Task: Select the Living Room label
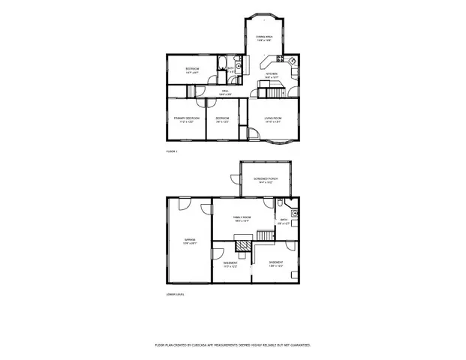[x=272, y=119]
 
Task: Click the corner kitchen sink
[x=293, y=60]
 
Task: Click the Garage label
[x=189, y=241]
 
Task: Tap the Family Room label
[x=242, y=218]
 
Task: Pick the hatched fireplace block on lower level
[x=244, y=245]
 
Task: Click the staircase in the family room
[x=265, y=236]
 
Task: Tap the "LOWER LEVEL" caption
[x=175, y=294]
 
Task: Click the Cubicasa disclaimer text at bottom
[x=233, y=345]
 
